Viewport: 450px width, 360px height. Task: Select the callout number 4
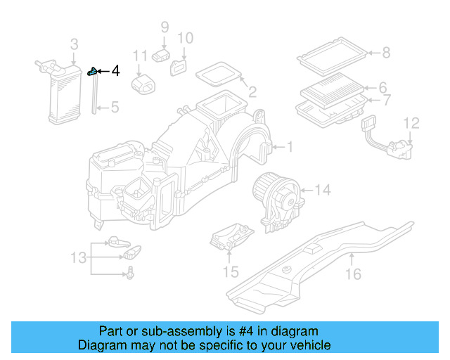click(115, 71)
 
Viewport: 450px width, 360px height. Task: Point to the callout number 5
click(115, 108)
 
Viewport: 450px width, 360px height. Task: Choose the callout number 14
click(322, 189)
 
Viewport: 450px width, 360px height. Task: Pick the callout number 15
click(231, 271)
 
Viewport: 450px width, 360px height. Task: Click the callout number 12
click(411, 124)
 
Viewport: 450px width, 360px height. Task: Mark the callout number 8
click(385, 51)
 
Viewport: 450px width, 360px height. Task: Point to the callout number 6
click(383, 88)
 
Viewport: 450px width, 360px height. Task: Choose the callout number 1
click(289, 146)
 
